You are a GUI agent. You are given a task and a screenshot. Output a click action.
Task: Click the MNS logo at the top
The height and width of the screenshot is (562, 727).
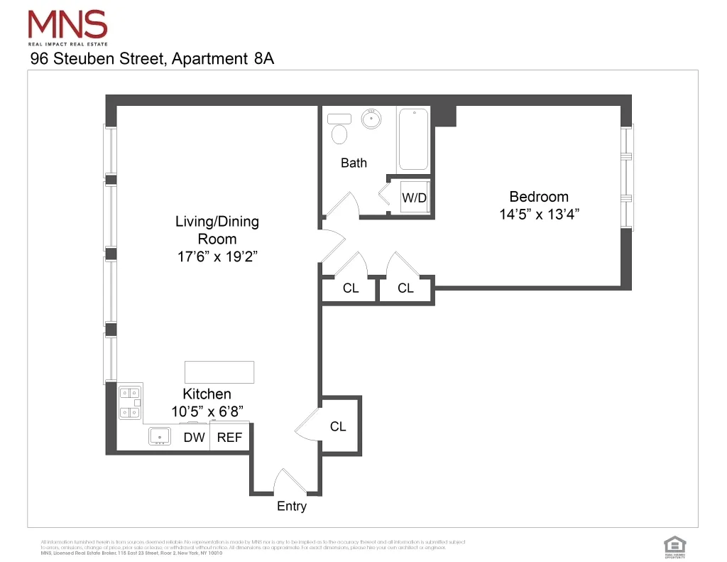(67, 28)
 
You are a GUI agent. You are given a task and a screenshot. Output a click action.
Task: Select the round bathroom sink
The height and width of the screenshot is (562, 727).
(371, 119)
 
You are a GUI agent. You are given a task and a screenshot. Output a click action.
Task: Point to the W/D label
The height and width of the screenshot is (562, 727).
(415, 198)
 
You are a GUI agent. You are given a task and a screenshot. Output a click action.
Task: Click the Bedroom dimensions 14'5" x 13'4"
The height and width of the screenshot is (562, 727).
(540, 215)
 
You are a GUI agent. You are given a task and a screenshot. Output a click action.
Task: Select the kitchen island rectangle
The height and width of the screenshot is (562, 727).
(219, 372)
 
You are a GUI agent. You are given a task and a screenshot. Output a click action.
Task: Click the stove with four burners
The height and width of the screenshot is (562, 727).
(129, 402)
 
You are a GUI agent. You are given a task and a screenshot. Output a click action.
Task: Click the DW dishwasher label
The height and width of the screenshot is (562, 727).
(194, 438)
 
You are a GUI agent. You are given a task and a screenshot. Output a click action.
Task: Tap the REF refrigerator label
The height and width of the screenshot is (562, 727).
(229, 438)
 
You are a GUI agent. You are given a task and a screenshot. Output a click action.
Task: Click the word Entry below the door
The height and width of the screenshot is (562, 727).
(292, 507)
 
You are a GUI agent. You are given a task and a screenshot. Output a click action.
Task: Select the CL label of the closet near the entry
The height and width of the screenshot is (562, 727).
(338, 426)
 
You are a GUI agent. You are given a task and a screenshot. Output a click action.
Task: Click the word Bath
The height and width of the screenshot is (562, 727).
(354, 163)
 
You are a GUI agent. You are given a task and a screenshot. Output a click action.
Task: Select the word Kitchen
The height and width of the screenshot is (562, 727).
(207, 394)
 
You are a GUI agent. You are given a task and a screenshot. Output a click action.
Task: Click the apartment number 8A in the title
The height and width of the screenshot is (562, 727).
(263, 59)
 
